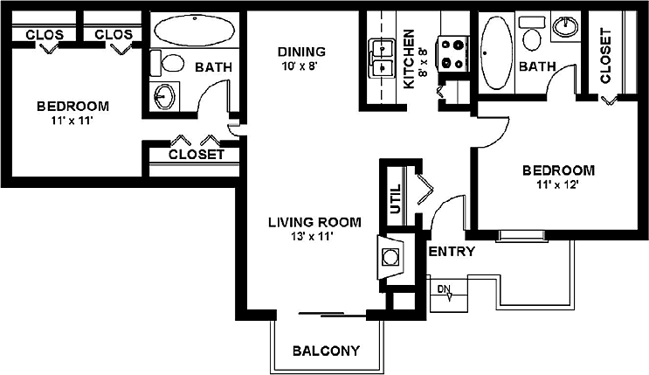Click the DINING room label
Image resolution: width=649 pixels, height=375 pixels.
coord(301,51)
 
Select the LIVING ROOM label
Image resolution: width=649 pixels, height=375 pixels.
coord(314,221)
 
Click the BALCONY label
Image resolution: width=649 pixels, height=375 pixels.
coord(326,351)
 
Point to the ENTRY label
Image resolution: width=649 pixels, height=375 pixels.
coord(452,253)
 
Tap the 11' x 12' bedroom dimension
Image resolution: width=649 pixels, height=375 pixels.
coord(558,184)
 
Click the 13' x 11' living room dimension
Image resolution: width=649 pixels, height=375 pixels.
coord(314,235)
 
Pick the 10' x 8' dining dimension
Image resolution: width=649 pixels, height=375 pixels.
coord(301,65)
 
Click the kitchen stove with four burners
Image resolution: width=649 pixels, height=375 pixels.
coord(452,52)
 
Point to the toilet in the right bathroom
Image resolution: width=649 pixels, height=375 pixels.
coord(532,36)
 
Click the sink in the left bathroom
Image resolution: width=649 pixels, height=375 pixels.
coord(165,95)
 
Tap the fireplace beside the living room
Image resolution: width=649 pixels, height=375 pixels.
coord(390,256)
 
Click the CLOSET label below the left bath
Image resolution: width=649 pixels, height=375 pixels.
coord(197,155)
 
